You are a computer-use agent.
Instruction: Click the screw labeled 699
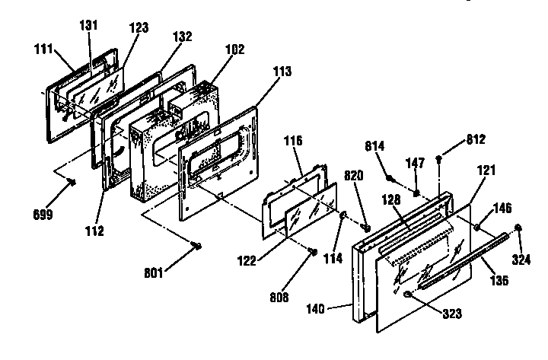click(x=72, y=181)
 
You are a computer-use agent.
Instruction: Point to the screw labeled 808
click(x=313, y=253)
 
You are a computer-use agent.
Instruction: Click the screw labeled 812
click(x=441, y=159)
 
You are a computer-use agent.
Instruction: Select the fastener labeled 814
click(x=390, y=179)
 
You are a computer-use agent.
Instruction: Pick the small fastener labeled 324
click(x=518, y=227)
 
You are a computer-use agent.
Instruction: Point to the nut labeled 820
click(x=366, y=228)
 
